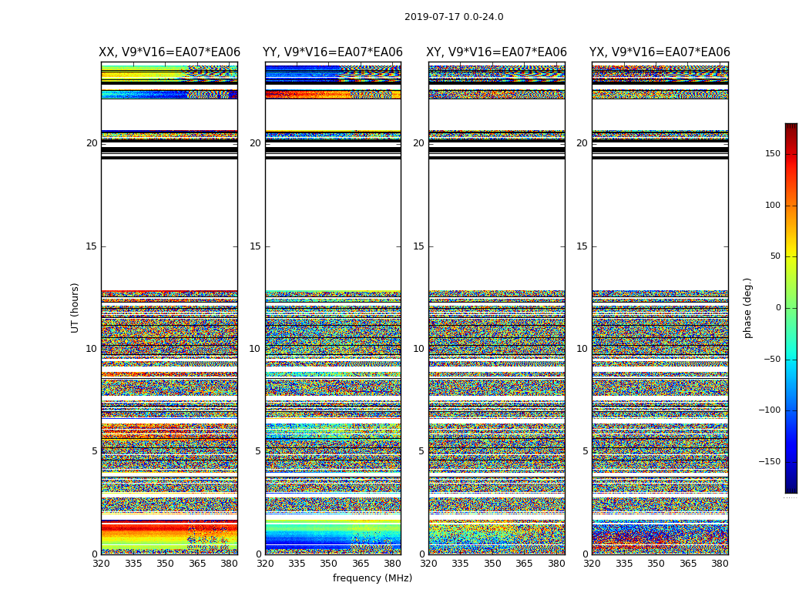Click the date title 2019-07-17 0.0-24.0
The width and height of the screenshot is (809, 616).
(x=454, y=17)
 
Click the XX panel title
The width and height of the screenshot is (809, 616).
(x=170, y=52)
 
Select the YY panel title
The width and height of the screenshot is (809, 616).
(x=333, y=52)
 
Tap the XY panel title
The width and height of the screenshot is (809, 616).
(x=496, y=52)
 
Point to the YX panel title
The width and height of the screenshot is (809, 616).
(x=660, y=52)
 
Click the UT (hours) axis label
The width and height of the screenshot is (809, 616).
(x=76, y=307)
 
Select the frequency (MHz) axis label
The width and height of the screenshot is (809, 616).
(x=372, y=578)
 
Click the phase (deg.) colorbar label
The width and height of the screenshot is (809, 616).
(x=747, y=307)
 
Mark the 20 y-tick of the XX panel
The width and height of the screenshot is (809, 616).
(x=92, y=143)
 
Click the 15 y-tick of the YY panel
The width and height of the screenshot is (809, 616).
(x=255, y=246)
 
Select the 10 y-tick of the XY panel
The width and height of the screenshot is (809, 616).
(x=418, y=349)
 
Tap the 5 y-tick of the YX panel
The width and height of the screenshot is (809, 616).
(x=585, y=451)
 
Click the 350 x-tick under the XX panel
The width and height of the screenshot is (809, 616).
(x=165, y=564)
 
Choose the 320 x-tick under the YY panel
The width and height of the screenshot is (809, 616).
(x=265, y=564)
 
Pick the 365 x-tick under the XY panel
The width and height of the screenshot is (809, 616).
(x=524, y=564)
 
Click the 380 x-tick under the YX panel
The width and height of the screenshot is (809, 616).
(x=720, y=564)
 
